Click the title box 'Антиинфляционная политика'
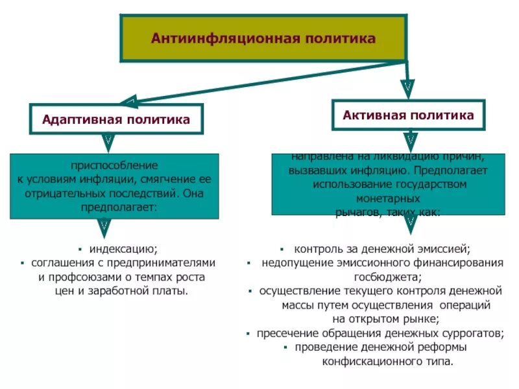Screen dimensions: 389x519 263,38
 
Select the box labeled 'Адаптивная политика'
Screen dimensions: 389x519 116,119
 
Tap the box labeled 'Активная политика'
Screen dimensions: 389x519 408,115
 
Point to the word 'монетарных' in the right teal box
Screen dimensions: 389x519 389,198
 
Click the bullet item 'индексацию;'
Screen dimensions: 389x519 123,248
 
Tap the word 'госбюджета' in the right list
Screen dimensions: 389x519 383,276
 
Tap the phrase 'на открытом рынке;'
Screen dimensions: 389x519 385,318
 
